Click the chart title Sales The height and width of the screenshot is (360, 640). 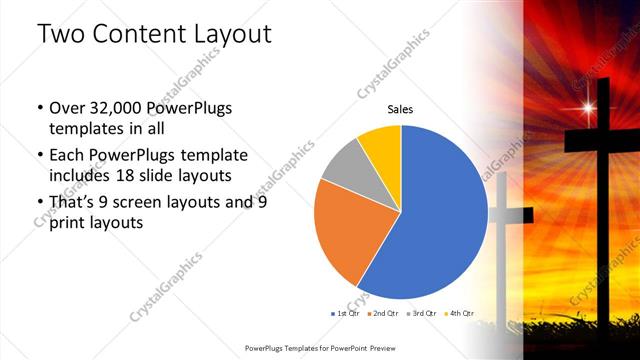[400, 110]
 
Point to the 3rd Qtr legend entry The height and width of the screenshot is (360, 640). [421, 313]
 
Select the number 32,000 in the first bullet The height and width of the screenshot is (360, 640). [111, 108]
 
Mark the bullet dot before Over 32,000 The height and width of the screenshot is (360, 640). [38, 108]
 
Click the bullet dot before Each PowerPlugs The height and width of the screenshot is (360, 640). [38, 155]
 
